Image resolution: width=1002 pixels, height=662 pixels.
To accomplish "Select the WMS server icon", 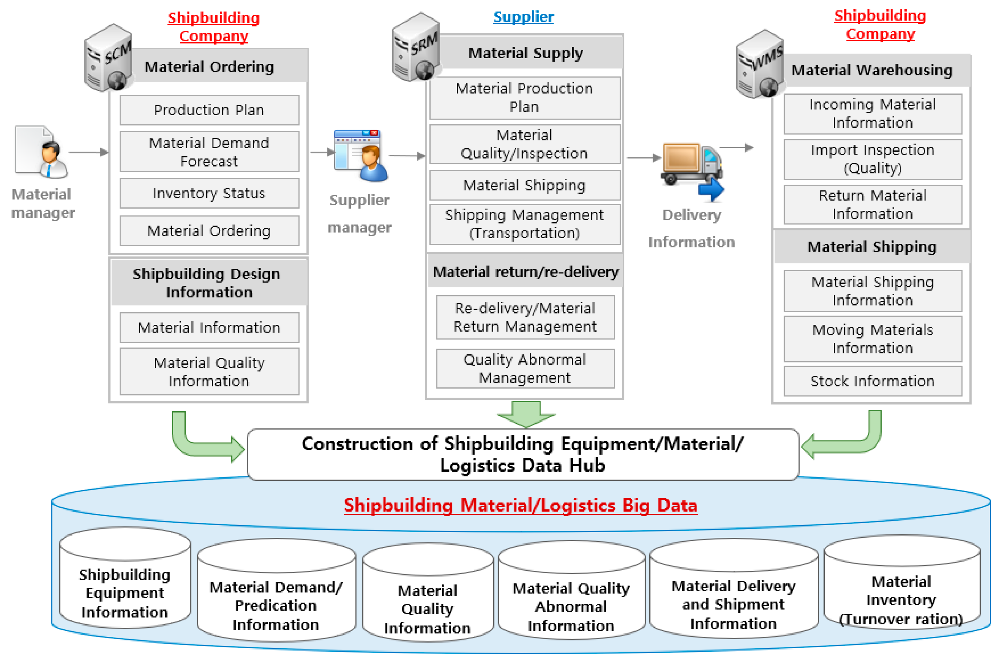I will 760,64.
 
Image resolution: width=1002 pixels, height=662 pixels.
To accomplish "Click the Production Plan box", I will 209,110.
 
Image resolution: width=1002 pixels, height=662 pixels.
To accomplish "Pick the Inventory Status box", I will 209,193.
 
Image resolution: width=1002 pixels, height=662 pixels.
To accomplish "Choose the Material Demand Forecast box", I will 209,152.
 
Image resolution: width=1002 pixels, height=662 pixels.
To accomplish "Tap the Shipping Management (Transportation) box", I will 524,224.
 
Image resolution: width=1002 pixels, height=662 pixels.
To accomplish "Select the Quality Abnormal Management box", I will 525,369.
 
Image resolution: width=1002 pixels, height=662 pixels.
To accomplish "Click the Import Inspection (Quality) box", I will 873,159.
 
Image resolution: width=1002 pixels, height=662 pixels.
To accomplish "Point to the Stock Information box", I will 873,381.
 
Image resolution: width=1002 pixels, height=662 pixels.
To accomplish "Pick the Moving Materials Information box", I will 873,339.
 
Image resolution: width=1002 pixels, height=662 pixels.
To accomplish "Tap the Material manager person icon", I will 42,152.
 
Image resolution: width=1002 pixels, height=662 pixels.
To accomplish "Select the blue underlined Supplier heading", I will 523,17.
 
